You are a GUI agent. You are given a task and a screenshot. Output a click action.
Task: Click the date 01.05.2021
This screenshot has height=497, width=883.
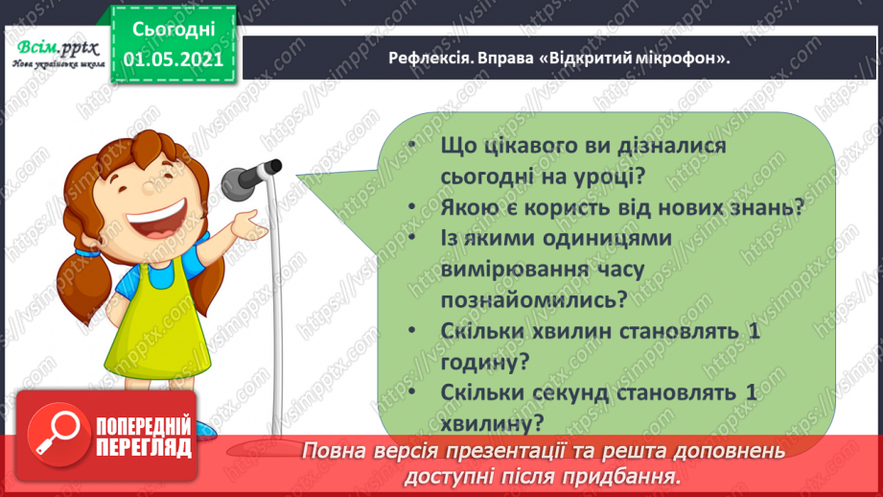tap(174, 57)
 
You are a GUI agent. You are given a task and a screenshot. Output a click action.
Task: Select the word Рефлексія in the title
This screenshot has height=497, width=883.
tap(430, 59)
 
